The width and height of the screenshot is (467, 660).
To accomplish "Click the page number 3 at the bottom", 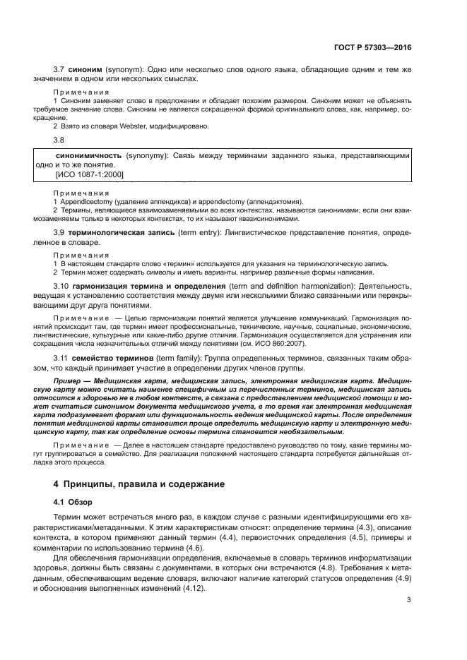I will pyautogui.click(x=409, y=601).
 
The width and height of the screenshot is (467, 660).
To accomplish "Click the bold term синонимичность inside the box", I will pyautogui.click(x=88, y=155).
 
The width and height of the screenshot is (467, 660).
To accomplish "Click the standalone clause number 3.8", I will pyautogui.click(x=60, y=140).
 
